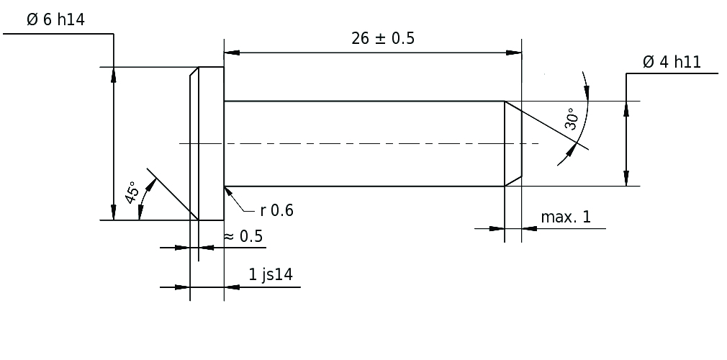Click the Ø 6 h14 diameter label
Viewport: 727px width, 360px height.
[x=55, y=20]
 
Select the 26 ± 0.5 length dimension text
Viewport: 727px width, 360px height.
[x=383, y=38]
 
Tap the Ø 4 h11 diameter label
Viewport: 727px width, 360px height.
[x=672, y=62]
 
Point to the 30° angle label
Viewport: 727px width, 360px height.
[x=572, y=119]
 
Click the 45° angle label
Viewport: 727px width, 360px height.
[x=132, y=192]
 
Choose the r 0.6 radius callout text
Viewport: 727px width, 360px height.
[x=277, y=211]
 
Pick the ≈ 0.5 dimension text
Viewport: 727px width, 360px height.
[x=243, y=237]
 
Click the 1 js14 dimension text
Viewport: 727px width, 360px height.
[x=271, y=274]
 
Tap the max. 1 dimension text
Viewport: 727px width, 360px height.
[x=566, y=217]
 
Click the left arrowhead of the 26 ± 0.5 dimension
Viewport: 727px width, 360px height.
[x=232, y=53]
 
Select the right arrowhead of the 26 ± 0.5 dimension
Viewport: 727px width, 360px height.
[x=514, y=53]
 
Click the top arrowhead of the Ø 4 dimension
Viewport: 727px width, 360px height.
[x=626, y=109]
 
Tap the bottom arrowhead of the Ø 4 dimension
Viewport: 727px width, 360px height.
[x=626, y=179]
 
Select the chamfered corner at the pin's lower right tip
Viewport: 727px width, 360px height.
[x=513, y=181]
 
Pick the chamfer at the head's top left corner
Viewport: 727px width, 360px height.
[x=194, y=72]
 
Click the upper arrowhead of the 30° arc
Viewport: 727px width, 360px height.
[x=586, y=93]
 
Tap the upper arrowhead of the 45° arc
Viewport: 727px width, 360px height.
[x=150, y=186]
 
